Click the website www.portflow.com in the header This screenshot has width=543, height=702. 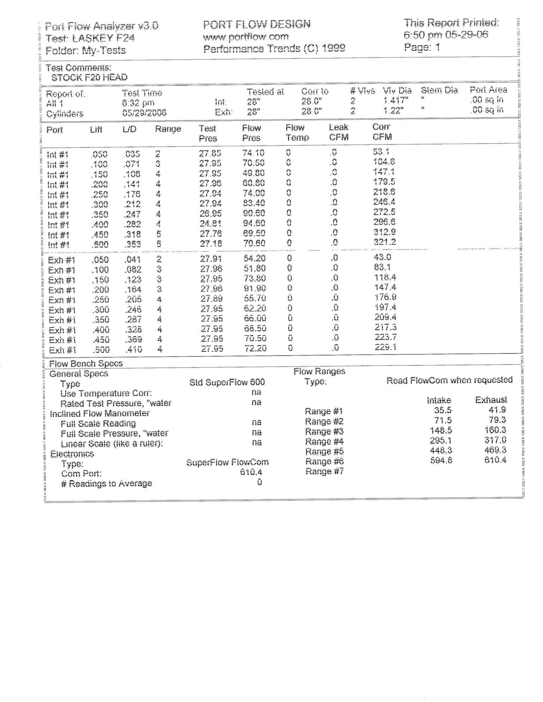246,36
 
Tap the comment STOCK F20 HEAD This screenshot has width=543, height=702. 89,78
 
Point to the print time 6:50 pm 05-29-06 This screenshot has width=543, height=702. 446,35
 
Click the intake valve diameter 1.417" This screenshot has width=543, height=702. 396,100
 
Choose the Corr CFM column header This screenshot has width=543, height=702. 382,132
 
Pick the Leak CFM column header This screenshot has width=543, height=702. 338,132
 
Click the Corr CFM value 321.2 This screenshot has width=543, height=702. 385,242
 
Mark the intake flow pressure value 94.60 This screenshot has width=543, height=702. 254,223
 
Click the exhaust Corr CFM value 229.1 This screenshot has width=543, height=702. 385,347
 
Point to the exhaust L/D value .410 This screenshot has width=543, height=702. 134,349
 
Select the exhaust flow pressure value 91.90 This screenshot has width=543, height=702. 255,288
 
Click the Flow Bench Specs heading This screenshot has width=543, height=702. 86,364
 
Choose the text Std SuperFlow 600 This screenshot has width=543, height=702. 227,382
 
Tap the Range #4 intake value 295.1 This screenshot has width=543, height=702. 441,441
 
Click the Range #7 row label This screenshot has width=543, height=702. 324,472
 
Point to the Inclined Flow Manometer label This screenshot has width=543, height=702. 100,413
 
